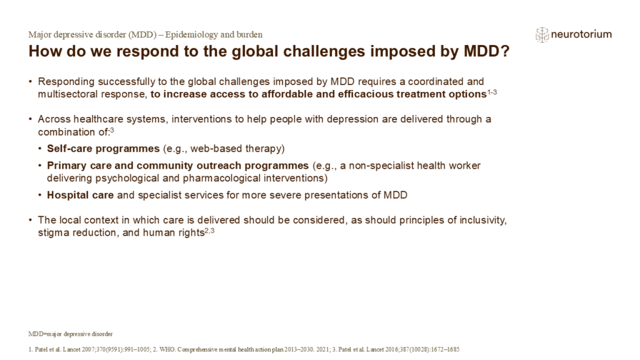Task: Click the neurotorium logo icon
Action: [x=542, y=35]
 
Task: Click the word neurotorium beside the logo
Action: [x=581, y=35]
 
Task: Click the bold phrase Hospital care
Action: [x=81, y=194]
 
